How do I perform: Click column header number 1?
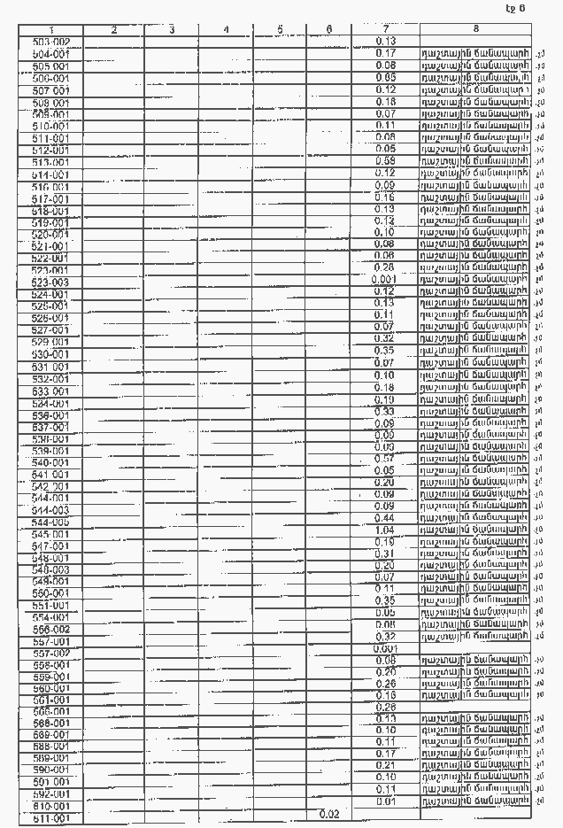point(50,30)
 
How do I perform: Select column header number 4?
point(227,30)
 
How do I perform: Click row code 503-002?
point(50,42)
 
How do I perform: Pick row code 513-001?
point(50,162)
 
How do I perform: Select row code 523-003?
point(50,282)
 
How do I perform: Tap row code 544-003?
point(50,510)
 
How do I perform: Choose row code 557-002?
point(50,653)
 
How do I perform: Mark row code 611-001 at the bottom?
point(50,820)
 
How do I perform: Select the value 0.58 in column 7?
point(385,161)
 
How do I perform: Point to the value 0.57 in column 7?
point(385,458)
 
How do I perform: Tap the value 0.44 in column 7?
point(385,517)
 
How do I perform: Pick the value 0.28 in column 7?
point(385,267)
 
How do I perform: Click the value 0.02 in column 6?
point(329,813)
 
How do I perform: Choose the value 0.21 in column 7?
point(385,765)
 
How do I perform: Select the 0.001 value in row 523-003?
point(385,280)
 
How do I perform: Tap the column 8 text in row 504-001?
point(475,54)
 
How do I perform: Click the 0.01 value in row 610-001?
point(385,801)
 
